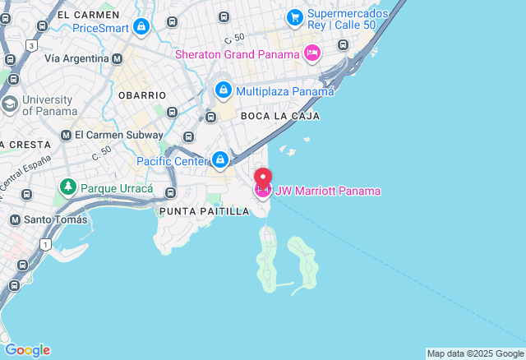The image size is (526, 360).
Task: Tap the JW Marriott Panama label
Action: click(x=328, y=192)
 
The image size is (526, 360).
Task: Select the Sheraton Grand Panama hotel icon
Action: click(x=312, y=53)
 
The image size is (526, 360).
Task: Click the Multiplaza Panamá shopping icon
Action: click(x=222, y=90)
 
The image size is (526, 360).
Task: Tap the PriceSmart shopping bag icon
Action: click(x=142, y=27)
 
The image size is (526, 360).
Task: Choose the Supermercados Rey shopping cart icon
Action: click(x=294, y=16)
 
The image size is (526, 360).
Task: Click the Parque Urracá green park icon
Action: click(x=67, y=188)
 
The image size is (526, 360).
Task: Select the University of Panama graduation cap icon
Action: click(x=10, y=104)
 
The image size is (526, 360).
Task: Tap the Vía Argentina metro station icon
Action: click(x=117, y=58)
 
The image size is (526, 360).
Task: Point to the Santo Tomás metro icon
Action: click(x=15, y=219)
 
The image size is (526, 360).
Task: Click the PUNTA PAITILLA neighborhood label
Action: click(x=204, y=211)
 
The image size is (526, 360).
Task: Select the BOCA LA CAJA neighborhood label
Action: click(x=279, y=116)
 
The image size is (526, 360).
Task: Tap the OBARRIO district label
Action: click(x=141, y=95)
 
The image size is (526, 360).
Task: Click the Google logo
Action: click(x=27, y=349)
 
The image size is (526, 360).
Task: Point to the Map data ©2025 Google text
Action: click(x=474, y=353)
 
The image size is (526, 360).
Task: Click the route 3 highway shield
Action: click(x=30, y=46)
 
